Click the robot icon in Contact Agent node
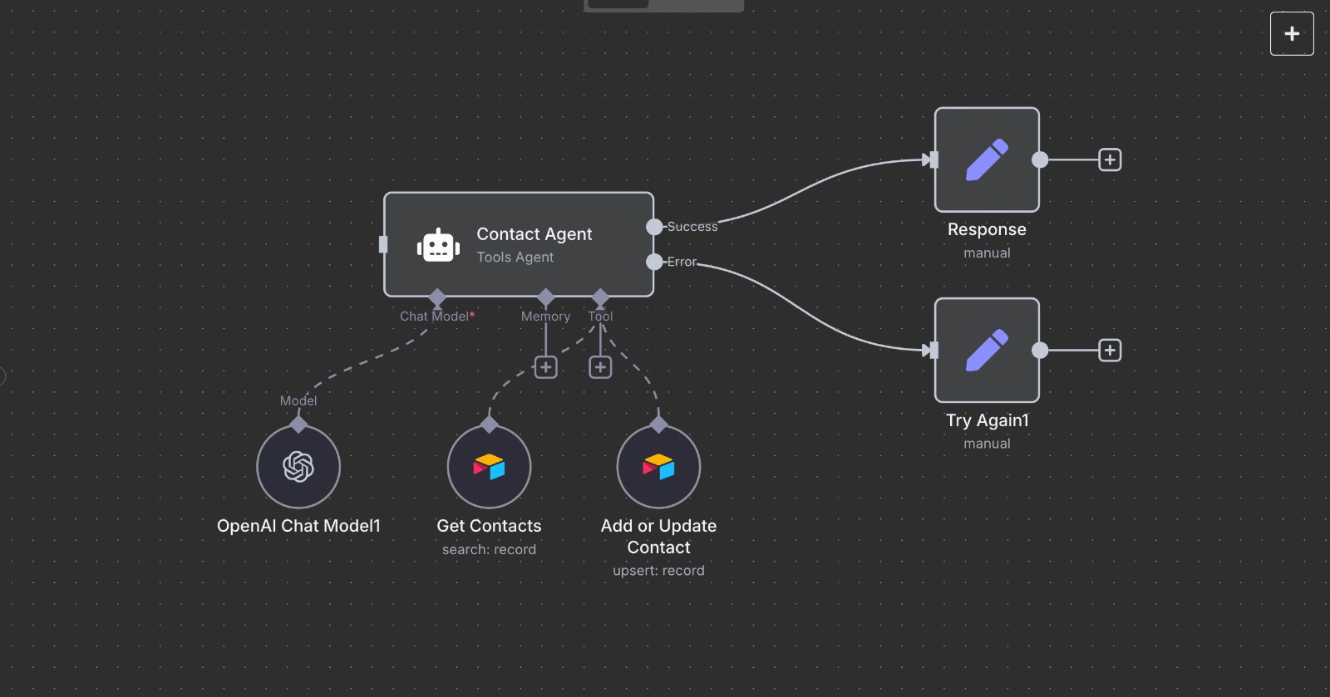pyautogui.click(x=438, y=246)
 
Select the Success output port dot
pyautogui.click(x=654, y=227)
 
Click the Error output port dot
pyautogui.click(x=654, y=262)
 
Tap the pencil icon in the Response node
pyautogui.click(x=987, y=160)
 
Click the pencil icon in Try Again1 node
pyautogui.click(x=987, y=350)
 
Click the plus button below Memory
pyautogui.click(x=545, y=367)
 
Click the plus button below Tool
pyautogui.click(x=600, y=367)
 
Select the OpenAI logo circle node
pyautogui.click(x=298, y=466)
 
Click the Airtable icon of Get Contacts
pyautogui.click(x=489, y=466)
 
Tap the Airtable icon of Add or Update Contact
pyautogui.click(x=658, y=466)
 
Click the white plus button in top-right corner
pyautogui.click(x=1292, y=33)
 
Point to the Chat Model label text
pyautogui.click(x=435, y=317)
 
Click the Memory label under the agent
pyautogui.click(x=545, y=317)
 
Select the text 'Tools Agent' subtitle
pyautogui.click(x=515, y=258)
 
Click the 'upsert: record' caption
pyautogui.click(x=658, y=571)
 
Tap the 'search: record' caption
pyautogui.click(x=489, y=549)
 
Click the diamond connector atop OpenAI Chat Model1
pyautogui.click(x=298, y=425)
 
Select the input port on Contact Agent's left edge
pyautogui.click(x=383, y=244)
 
